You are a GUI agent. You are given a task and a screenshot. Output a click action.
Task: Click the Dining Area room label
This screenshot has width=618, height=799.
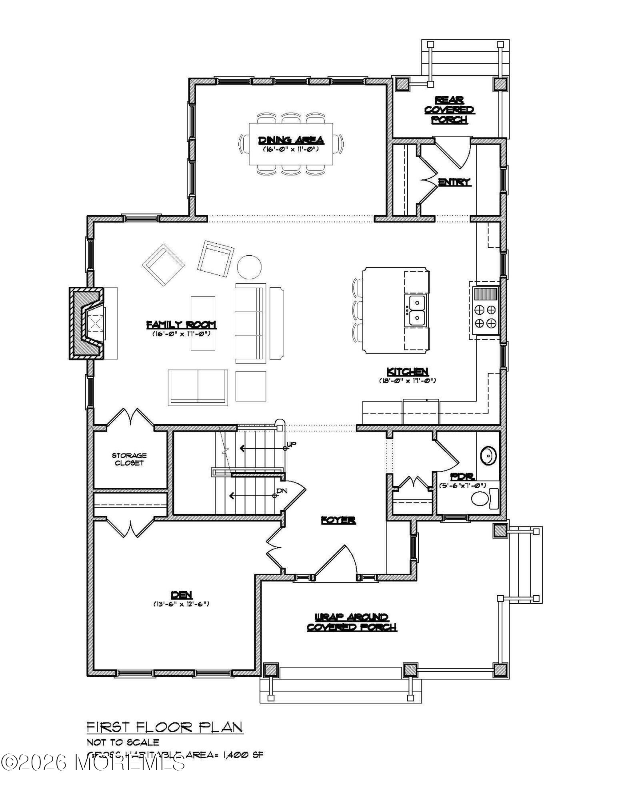[x=291, y=140]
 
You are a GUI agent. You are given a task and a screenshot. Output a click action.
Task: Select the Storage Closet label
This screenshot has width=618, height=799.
[x=129, y=459]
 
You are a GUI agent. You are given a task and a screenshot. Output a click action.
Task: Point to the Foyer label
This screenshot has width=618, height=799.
[x=338, y=520]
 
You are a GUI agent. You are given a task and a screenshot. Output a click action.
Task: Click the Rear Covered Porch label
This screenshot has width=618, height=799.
[x=449, y=110]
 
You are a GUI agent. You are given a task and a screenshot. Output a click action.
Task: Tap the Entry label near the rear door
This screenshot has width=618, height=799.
[x=454, y=182]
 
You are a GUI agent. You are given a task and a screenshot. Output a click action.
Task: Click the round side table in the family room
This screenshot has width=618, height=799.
[x=250, y=267]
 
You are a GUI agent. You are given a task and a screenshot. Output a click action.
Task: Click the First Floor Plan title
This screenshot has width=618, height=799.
[x=165, y=727]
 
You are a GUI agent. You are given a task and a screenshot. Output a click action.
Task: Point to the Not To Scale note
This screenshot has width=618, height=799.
[x=123, y=742]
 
